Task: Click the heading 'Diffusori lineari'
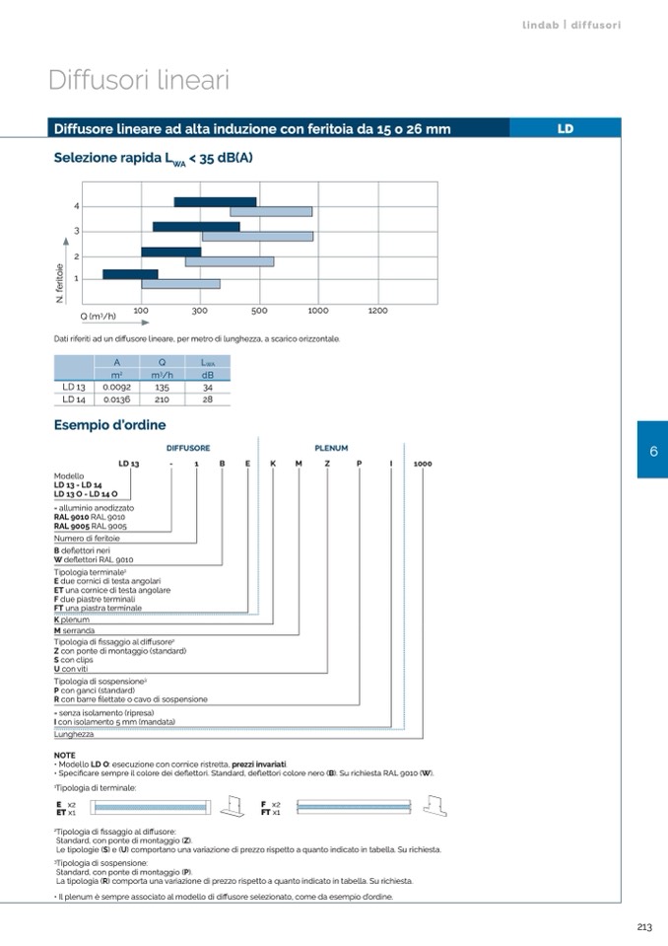point(139,80)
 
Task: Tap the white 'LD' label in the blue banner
point(565,128)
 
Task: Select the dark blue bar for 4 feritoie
point(215,202)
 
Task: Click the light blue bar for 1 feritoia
point(180,284)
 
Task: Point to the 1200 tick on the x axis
point(377,311)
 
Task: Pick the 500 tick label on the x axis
point(259,311)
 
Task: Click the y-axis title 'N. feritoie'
point(60,282)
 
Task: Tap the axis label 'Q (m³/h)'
point(99,316)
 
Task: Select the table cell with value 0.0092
point(117,388)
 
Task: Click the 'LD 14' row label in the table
point(74,400)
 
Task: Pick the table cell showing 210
point(163,400)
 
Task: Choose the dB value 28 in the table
point(207,400)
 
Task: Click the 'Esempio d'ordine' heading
point(109,425)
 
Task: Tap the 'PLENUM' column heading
point(331,448)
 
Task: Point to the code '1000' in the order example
point(423,463)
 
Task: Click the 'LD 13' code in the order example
point(129,463)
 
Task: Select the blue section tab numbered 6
point(652,451)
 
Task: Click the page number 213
point(643,926)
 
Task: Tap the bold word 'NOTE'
point(64,755)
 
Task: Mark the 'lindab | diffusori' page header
point(571,25)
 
